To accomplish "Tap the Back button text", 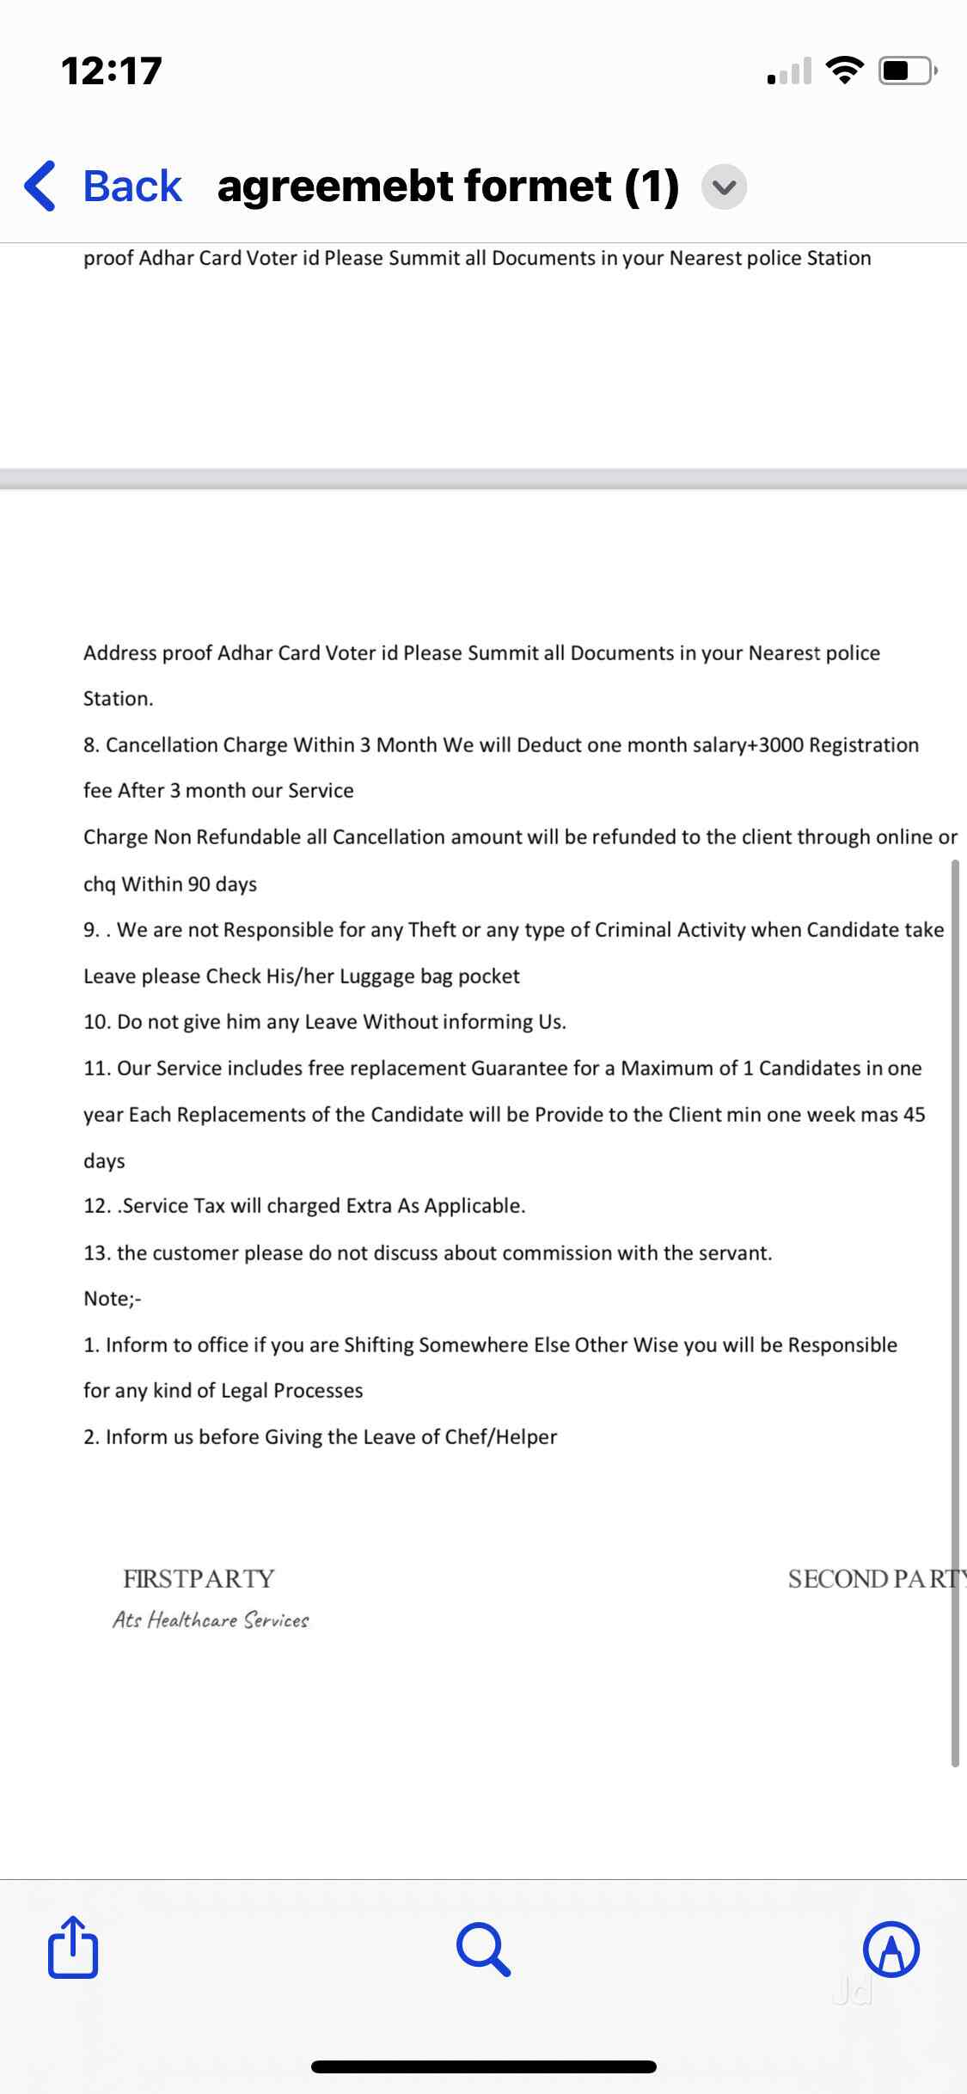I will (132, 186).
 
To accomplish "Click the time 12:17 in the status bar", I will (112, 70).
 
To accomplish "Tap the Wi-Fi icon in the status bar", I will (845, 70).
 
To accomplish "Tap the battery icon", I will (906, 70).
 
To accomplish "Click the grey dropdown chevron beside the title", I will (725, 187).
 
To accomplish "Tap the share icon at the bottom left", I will (73, 1948).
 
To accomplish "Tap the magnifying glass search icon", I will (484, 1950).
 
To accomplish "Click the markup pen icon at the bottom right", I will (891, 1949).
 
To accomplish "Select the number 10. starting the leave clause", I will (97, 1022).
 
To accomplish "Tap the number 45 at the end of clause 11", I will (914, 1115).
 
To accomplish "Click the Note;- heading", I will (112, 1299).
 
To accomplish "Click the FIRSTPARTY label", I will (199, 1579).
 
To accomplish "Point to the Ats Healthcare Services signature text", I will (211, 1620).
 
